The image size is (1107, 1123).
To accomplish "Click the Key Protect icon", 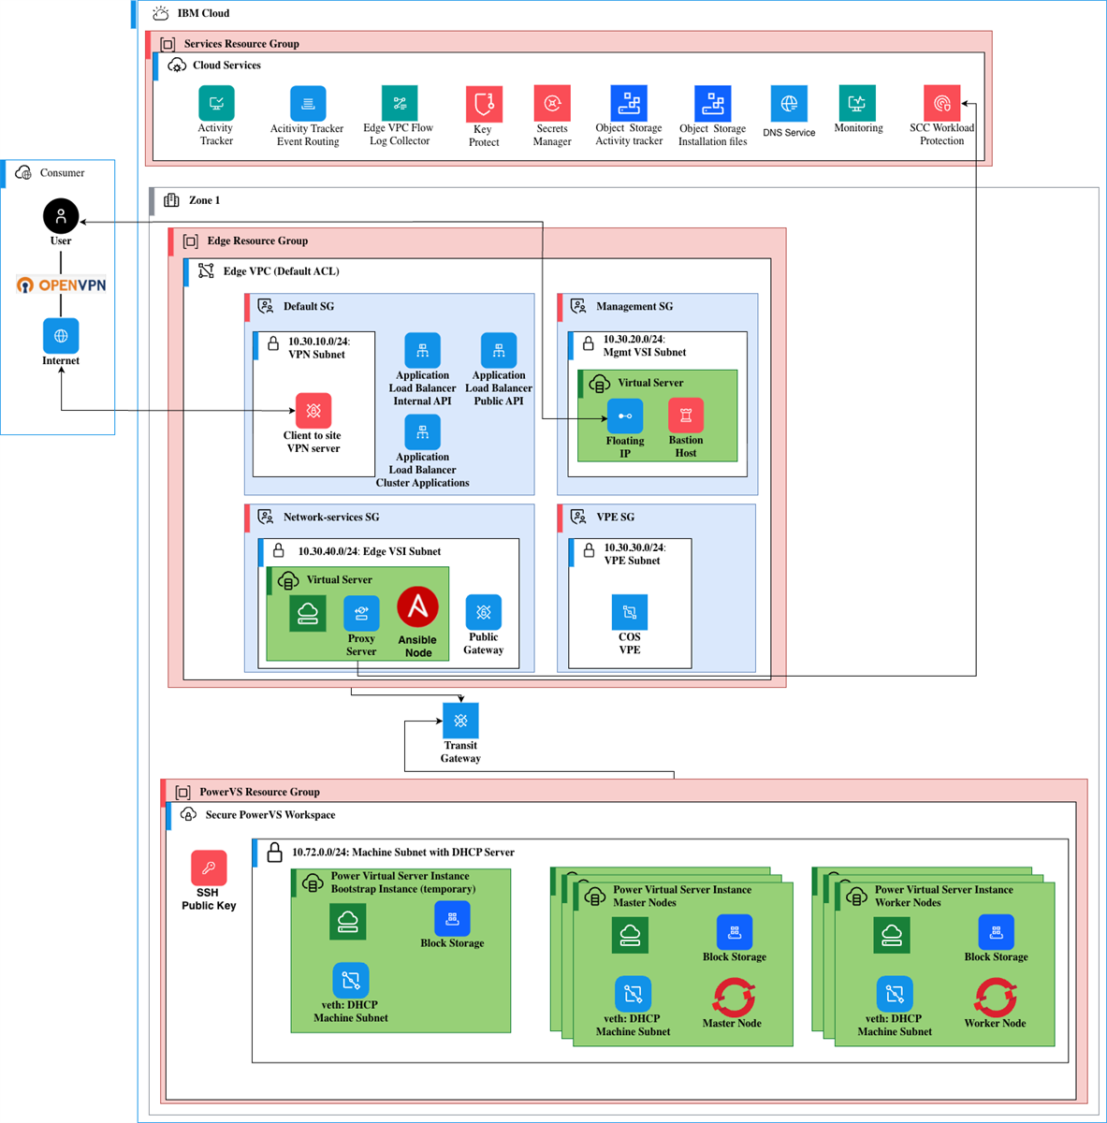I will pos(484,104).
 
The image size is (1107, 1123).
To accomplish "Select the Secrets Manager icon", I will pos(552,103).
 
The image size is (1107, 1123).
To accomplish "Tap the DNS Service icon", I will pos(789,104).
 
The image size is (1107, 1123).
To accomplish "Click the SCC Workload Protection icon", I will pos(941,103).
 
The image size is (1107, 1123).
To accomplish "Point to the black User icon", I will pos(61,216).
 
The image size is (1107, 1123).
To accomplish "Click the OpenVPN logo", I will pos(61,284).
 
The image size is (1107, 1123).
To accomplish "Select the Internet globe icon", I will pos(61,335).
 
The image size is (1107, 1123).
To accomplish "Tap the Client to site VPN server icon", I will pos(313,410).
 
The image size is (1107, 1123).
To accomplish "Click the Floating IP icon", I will pos(625,416).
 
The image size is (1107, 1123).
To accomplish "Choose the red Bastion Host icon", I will pos(686,416).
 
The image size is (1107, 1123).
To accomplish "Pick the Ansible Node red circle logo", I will pos(417,608).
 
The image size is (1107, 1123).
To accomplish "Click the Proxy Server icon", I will pos(361,614).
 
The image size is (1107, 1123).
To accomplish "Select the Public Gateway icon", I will pos(483,612).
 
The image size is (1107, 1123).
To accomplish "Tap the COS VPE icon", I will pos(630,612).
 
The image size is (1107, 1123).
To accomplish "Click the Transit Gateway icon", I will pos(460,721).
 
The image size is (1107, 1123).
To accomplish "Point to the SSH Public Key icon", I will pos(209,868).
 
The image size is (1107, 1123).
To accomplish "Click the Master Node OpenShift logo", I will pos(734,997).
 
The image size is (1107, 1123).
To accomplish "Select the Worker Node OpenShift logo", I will pos(996,997).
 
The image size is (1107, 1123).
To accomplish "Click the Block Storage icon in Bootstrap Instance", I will pos(452,918).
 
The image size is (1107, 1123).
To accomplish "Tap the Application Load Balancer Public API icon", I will pos(499,351).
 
